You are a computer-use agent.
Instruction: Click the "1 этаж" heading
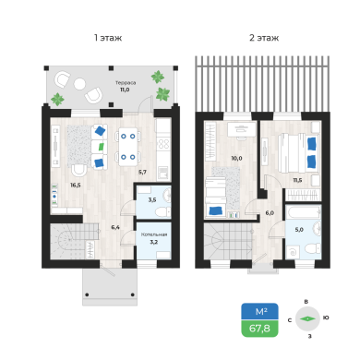pyautogui.click(x=108, y=38)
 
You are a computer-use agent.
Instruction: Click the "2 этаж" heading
pyautogui.click(x=264, y=38)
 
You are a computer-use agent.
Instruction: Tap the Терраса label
pyautogui.click(x=126, y=83)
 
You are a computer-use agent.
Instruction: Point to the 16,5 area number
pyautogui.click(x=76, y=186)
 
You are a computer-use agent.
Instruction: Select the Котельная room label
pyautogui.click(x=154, y=234)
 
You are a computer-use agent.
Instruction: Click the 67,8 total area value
pyautogui.click(x=259, y=329)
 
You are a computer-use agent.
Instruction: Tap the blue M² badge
pyautogui.click(x=260, y=311)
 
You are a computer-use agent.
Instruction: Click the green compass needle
pyautogui.click(x=308, y=319)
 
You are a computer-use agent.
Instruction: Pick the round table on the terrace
pyautogui.click(x=79, y=84)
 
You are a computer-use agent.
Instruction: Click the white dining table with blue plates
pyautogui.click(x=128, y=147)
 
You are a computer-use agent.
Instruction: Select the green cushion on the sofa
pyautogui.click(x=101, y=147)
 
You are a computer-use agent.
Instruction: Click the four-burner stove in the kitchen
pyautogui.click(x=163, y=144)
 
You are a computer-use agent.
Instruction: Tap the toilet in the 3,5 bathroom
pyautogui.click(x=163, y=211)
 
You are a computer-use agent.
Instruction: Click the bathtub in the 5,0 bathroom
pyautogui.click(x=304, y=212)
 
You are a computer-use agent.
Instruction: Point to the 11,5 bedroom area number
pyautogui.click(x=297, y=180)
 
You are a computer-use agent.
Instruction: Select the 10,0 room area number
pyautogui.click(x=236, y=159)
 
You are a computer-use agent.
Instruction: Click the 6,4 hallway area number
pyautogui.click(x=115, y=228)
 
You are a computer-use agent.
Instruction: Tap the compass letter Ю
pyautogui.click(x=326, y=318)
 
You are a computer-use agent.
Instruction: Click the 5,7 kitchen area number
pyautogui.click(x=142, y=173)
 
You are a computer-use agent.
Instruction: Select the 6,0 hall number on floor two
pyautogui.click(x=270, y=213)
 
